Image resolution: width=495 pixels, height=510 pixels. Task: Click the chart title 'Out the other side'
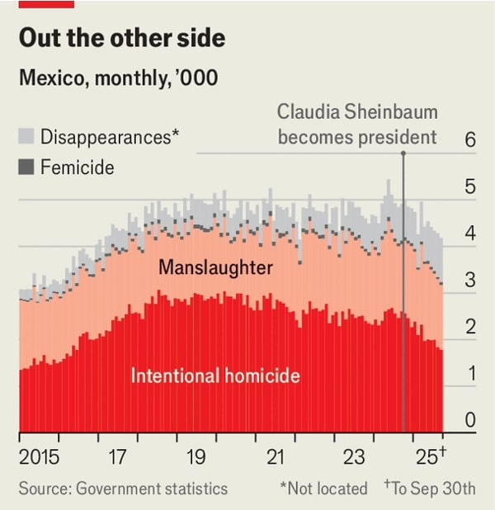(x=122, y=39)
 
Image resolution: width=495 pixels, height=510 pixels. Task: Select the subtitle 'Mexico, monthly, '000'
(x=118, y=79)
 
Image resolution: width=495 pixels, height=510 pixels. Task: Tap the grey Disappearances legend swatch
(x=26, y=137)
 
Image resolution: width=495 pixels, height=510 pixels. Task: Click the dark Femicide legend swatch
(x=26, y=168)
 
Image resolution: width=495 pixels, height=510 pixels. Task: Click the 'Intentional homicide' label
(x=214, y=376)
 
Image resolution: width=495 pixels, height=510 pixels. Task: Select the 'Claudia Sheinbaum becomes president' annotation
(x=356, y=124)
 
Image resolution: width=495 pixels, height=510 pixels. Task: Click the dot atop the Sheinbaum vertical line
(x=403, y=153)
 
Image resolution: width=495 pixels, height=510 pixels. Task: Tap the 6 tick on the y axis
(x=470, y=140)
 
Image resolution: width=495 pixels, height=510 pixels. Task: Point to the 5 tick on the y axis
(x=470, y=187)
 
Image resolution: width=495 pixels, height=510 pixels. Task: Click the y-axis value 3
(x=470, y=281)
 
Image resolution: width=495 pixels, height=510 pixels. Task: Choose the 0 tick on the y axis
(x=470, y=421)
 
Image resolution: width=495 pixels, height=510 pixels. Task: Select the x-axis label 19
(x=196, y=456)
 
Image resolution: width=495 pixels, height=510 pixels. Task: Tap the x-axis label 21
(x=275, y=456)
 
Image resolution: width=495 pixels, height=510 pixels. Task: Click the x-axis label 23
(x=353, y=456)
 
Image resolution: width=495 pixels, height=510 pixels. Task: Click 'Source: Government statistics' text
(x=123, y=489)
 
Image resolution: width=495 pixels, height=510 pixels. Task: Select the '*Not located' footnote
(x=323, y=489)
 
